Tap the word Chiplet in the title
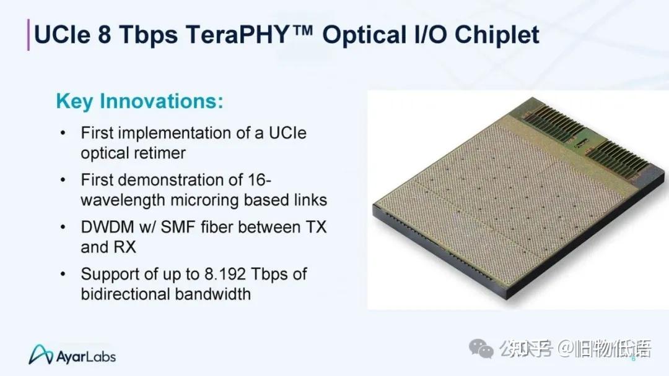497,35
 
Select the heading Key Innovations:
139,101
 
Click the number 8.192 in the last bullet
235,273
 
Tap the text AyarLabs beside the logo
86,357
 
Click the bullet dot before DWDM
63,227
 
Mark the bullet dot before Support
63,273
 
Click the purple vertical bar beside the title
28,35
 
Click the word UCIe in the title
61,35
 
